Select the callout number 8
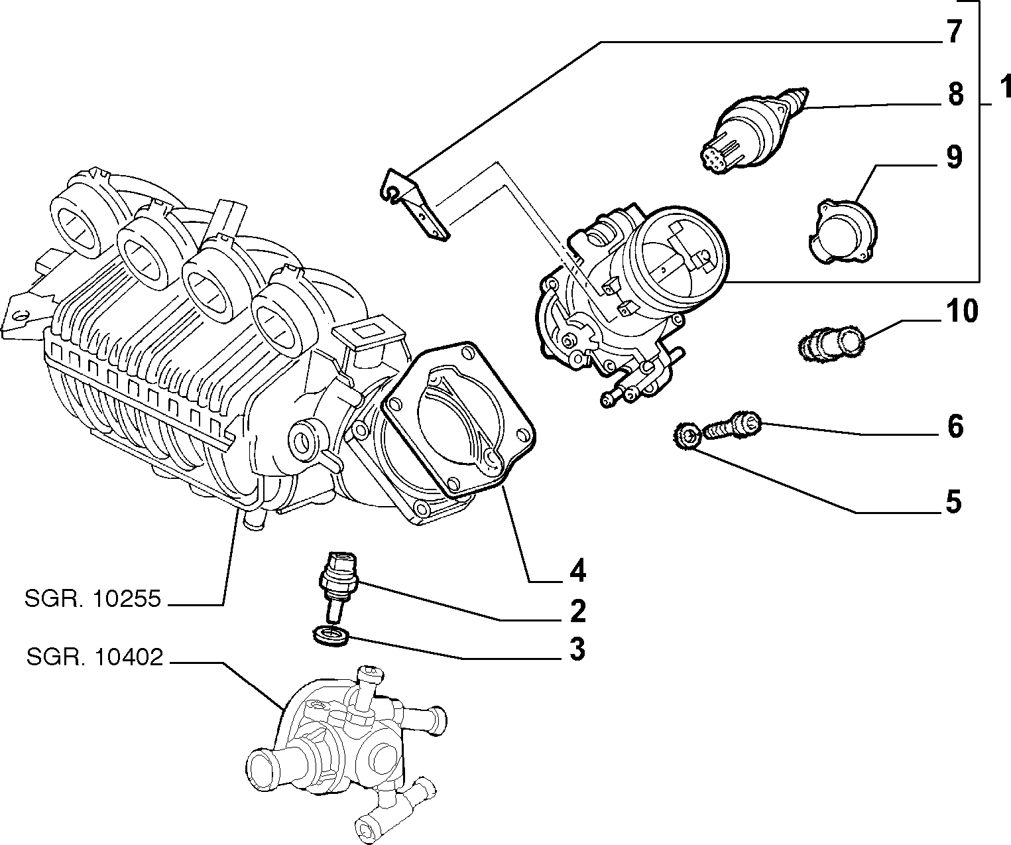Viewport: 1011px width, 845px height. click(955, 94)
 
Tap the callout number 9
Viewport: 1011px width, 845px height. click(954, 157)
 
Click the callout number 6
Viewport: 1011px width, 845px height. click(955, 426)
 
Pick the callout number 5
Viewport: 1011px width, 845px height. click(953, 502)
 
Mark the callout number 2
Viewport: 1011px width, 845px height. click(577, 610)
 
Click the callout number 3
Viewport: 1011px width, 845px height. click(577, 649)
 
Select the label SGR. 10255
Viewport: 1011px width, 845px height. click(92, 600)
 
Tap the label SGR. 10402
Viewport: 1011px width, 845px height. click(94, 657)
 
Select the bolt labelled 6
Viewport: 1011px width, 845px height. click(732, 424)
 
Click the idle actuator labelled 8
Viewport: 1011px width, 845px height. click(754, 129)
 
